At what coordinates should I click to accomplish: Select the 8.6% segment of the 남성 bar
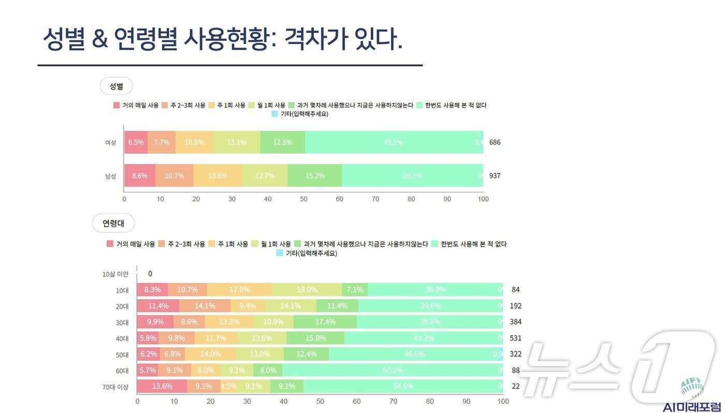tap(140, 175)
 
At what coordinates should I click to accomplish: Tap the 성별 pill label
tap(116, 86)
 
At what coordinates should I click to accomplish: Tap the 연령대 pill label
tap(113, 224)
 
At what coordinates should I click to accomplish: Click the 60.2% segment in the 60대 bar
tap(392, 370)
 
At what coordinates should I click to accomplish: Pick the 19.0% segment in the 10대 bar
tap(307, 290)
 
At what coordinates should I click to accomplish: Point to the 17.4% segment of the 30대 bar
tap(325, 322)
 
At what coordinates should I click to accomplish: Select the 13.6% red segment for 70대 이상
tap(162, 386)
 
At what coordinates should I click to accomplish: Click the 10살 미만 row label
tap(115, 274)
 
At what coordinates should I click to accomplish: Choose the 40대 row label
tap(122, 338)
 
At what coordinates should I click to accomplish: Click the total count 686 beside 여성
tap(495, 142)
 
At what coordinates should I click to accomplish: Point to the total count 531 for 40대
tap(515, 338)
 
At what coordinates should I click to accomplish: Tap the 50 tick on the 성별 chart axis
tap(304, 199)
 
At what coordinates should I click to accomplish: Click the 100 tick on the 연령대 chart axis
tap(503, 401)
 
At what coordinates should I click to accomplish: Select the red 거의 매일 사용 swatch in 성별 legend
tap(117, 106)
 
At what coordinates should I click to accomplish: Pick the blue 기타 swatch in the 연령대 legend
tap(280, 253)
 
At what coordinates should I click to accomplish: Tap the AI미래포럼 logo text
tap(692, 407)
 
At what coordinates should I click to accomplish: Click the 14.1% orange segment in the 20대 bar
tap(205, 306)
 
